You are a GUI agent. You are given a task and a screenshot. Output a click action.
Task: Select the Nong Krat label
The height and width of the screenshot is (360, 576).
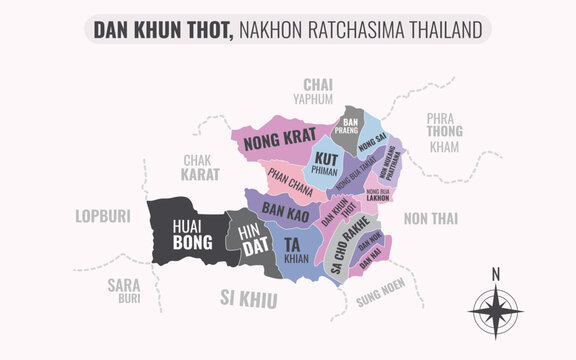(x=273, y=141)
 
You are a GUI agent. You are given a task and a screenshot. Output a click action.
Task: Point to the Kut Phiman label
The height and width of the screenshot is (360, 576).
(x=325, y=163)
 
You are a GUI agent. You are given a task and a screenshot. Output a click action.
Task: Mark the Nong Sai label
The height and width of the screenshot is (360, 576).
(x=372, y=148)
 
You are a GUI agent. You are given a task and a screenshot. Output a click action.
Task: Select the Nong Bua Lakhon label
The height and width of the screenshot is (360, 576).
(x=378, y=194)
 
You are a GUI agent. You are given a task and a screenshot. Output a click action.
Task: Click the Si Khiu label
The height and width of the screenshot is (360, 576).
(x=252, y=296)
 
